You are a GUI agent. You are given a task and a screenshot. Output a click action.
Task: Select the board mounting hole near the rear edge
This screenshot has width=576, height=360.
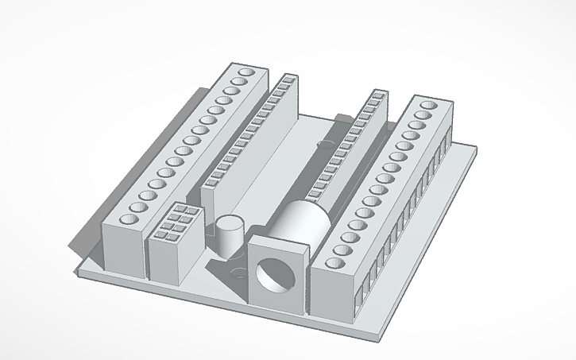[323, 145]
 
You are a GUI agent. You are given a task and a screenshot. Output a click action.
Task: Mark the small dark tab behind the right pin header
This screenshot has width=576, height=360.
[344, 118]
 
